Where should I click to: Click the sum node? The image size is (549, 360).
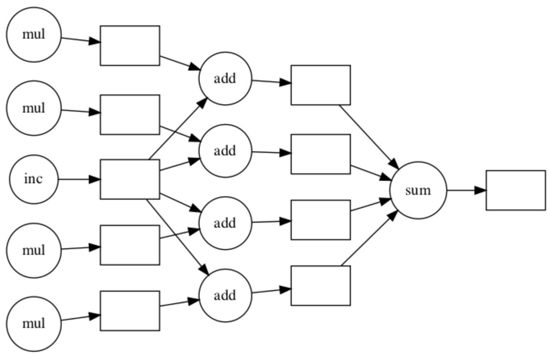point(418,190)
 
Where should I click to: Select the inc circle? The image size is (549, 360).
point(34,179)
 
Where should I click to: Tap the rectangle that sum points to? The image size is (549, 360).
point(516,190)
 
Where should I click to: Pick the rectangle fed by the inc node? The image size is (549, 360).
point(130,179)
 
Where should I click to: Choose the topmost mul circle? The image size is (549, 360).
point(34,35)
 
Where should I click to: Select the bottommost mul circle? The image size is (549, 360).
point(34,324)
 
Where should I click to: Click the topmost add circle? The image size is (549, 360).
point(225,78)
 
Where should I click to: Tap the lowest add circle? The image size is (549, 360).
point(225,295)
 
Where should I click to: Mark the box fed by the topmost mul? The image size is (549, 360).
point(130,46)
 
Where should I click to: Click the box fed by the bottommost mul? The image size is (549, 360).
point(130,311)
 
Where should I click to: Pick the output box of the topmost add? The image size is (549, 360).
point(321,85)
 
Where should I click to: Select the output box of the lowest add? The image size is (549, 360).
point(321,286)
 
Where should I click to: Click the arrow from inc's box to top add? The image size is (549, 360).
point(177,129)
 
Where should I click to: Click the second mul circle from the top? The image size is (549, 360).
point(34,108)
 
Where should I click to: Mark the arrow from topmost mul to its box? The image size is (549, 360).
point(81,40)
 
